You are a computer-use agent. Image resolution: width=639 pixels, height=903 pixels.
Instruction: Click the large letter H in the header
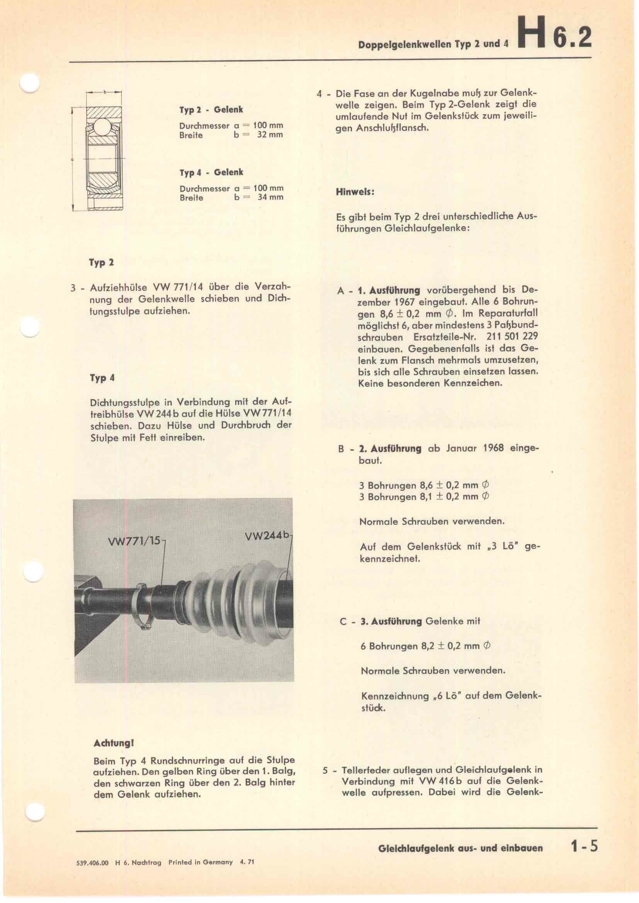[532, 33]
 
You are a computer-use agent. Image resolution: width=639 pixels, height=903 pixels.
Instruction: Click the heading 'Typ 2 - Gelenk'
[211, 110]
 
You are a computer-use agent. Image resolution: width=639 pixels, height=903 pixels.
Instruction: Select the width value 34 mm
[270, 197]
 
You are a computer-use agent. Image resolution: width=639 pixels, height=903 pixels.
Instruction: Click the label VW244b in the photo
[267, 536]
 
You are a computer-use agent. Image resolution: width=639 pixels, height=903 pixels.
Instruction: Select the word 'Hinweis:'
[355, 192]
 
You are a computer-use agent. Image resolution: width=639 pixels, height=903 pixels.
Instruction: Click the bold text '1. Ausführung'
[389, 291]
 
